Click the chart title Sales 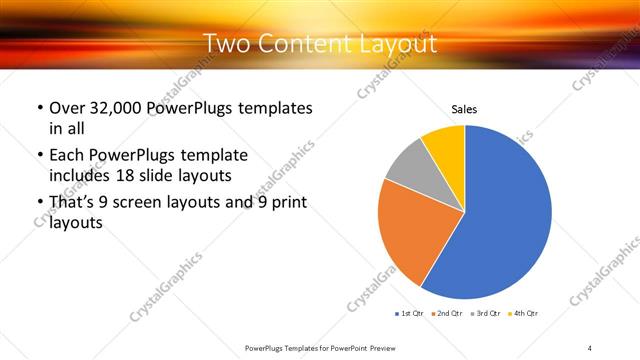tap(464, 109)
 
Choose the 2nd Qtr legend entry tap(445, 314)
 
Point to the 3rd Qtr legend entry tap(485, 314)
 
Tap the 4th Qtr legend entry tap(523, 314)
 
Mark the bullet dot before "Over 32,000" tap(38, 108)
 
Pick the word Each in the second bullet tap(68, 155)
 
